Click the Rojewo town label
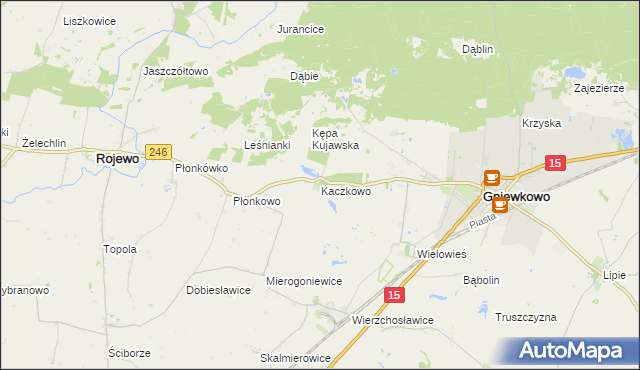point(117,158)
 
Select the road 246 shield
point(158,151)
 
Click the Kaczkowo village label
point(346,191)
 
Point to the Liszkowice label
point(89,21)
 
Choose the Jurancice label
point(303,30)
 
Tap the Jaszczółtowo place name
point(175,72)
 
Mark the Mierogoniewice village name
point(304,282)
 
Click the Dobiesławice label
point(218,291)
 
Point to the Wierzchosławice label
point(392,320)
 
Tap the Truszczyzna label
point(525,317)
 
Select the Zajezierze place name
point(600,88)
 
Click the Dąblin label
point(479,48)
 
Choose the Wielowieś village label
point(442,255)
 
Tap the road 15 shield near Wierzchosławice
point(394,295)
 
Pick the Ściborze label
point(129,354)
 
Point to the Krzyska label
point(539,123)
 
